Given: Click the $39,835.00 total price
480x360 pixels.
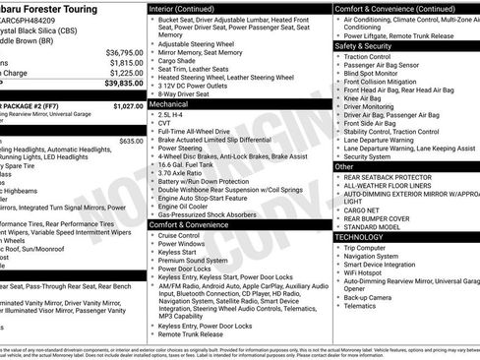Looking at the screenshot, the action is pyautogui.click(x=118, y=85).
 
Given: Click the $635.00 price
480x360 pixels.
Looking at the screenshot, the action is pyautogui.click(x=131, y=141).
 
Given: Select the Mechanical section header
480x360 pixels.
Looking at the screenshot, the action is pyautogui.click(x=169, y=102).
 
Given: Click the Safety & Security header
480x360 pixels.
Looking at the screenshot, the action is pyautogui.click(x=364, y=45).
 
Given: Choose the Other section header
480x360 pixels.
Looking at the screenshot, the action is pyautogui.click(x=344, y=166).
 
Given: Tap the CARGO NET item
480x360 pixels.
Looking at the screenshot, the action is pyautogui.click(x=360, y=210).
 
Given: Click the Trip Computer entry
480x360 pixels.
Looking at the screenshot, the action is pyautogui.click(x=369, y=247).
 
